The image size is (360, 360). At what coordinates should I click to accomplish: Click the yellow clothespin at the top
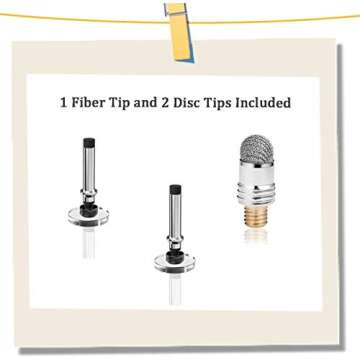click(179, 33)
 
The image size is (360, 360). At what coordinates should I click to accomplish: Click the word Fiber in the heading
click(87, 102)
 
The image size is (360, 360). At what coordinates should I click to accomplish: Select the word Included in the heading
click(263, 102)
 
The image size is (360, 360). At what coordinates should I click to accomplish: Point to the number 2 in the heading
click(165, 103)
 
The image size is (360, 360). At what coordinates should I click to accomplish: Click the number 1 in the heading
click(64, 103)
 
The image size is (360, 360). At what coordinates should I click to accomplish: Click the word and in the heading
click(145, 102)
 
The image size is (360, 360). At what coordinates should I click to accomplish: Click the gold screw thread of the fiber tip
click(256, 216)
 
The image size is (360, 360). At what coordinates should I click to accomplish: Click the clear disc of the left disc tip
click(88, 217)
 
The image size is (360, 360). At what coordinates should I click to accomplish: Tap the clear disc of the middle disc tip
click(175, 263)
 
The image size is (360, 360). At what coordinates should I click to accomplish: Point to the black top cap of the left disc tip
click(89, 143)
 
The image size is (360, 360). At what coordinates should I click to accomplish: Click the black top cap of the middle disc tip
click(175, 189)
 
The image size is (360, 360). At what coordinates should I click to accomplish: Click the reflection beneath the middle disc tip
click(175, 289)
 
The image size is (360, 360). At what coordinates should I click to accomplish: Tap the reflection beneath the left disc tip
click(89, 243)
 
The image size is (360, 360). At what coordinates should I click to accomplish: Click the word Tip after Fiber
click(118, 103)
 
